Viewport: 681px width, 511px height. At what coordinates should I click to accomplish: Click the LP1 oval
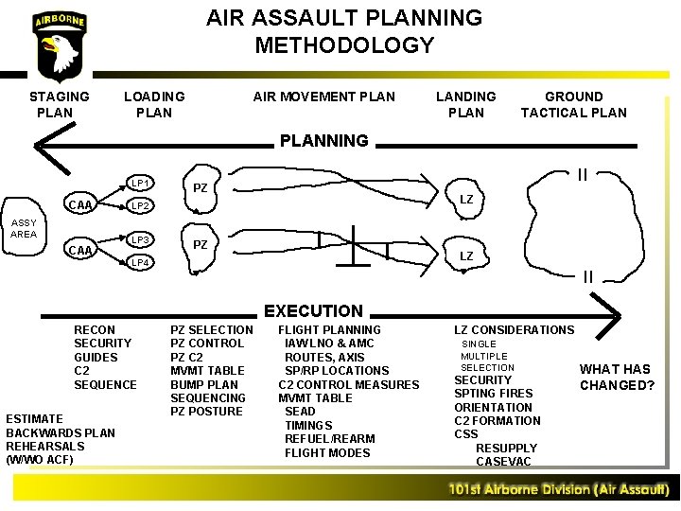click(140, 182)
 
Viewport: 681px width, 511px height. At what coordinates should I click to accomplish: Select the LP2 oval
click(140, 205)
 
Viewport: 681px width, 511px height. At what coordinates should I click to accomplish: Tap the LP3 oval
click(140, 239)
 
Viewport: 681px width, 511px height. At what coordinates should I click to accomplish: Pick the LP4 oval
click(140, 262)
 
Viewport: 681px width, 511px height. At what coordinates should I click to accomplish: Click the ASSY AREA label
click(24, 228)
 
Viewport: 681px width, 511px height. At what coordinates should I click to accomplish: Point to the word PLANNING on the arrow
click(323, 141)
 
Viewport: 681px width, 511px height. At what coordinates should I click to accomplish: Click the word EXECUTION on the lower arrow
click(313, 310)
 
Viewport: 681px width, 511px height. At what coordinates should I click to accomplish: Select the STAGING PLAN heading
click(60, 104)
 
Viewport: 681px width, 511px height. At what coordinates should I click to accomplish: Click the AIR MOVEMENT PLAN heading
click(324, 97)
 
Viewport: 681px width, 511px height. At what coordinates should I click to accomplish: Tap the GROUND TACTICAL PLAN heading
click(573, 104)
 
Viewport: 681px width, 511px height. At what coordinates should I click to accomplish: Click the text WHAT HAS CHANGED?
click(616, 377)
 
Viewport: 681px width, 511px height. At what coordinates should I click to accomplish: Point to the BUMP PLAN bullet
click(204, 384)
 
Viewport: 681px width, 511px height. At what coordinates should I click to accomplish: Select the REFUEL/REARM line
click(329, 439)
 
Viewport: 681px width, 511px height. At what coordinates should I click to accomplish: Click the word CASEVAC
click(503, 462)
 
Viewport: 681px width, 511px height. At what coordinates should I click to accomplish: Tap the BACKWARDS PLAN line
click(61, 432)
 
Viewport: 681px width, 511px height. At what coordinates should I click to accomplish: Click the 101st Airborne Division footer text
click(559, 490)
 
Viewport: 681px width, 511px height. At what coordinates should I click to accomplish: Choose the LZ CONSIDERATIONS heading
click(514, 329)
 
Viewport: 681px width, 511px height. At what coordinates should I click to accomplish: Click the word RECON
click(95, 329)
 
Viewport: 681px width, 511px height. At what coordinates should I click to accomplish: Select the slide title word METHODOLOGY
click(344, 44)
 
